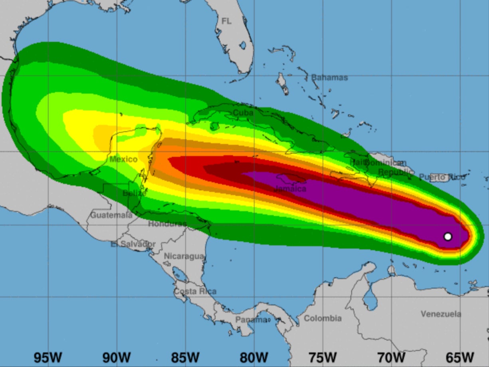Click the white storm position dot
pos(447,236)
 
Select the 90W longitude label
pos(117,357)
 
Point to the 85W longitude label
pos(185,357)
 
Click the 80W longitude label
pos(254,357)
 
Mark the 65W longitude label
pos(460,357)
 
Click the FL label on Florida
pos(226,21)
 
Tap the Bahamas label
pos(329,77)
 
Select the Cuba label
pos(243,113)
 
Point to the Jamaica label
pos(291,188)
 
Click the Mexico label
pos(123,159)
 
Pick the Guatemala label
pos(111,215)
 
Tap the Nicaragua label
pos(184,256)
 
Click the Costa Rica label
pos(195,292)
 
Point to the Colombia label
pos(323,318)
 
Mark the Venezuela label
pos(441,314)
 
